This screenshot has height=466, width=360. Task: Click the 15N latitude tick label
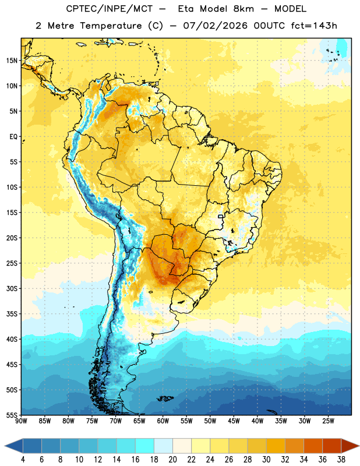pos(12,61)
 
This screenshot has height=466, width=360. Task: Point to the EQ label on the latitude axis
pos(13,137)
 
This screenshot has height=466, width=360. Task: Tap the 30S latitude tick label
pos(12,288)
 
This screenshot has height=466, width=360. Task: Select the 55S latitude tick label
pos(12,415)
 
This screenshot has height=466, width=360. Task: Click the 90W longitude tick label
pos(21,421)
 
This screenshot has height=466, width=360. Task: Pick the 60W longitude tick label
pos(163,421)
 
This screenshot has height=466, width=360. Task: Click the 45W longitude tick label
pos(234,421)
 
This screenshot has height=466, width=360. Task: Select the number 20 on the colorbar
pos(172,460)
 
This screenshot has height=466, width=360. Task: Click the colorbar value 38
pos(341,460)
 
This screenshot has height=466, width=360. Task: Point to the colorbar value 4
pos(23,460)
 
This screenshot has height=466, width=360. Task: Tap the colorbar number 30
pos(266,460)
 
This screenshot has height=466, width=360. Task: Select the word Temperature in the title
pos(111,26)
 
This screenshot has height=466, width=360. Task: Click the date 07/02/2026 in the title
pos(215,26)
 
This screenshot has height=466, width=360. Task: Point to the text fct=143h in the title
pos(314,26)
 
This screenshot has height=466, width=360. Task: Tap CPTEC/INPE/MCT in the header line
pos(110,9)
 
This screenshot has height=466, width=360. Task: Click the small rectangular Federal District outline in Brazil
pos(221,216)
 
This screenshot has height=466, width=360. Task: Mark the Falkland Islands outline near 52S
pos(165,398)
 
